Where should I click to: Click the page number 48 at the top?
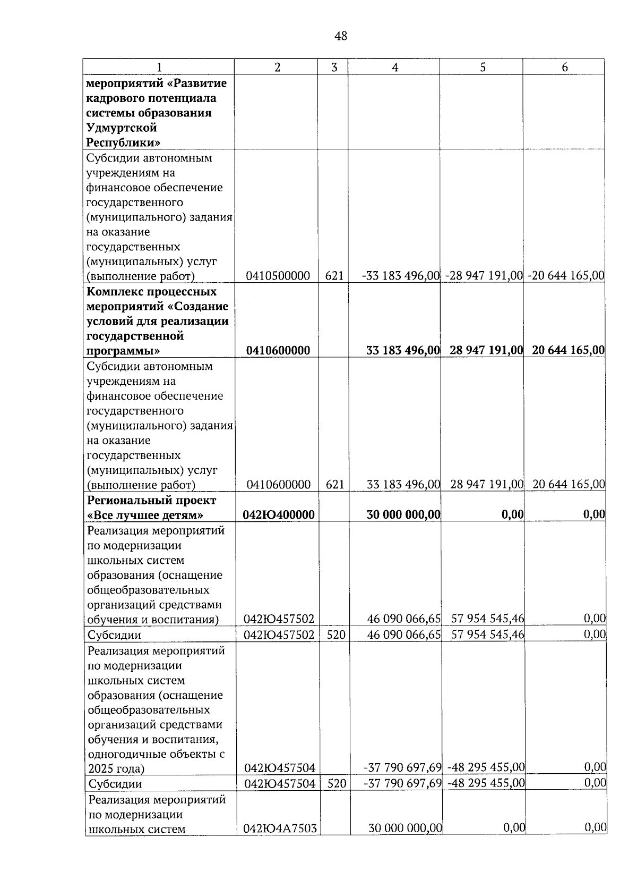pyautogui.click(x=341, y=36)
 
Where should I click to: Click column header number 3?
pyautogui.click(x=333, y=67)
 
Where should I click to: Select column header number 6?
pyautogui.click(x=564, y=67)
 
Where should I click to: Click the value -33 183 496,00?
pyautogui.click(x=401, y=276)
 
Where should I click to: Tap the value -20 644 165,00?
pyautogui.click(x=566, y=276)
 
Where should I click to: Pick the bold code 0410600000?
pyautogui.click(x=278, y=350)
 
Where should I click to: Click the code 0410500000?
pyautogui.click(x=278, y=276)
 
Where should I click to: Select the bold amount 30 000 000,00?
pyautogui.click(x=403, y=514)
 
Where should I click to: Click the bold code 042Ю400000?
pyautogui.click(x=279, y=514)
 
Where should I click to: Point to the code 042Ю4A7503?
pyautogui.click(x=280, y=828)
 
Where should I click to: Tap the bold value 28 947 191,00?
pyautogui.click(x=486, y=350)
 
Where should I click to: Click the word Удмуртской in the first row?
pyautogui.click(x=122, y=128)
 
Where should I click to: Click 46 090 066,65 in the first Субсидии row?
pyautogui.click(x=404, y=635)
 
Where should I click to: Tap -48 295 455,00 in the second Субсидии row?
pyautogui.click(x=486, y=783)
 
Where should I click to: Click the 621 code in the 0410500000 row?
pyautogui.click(x=334, y=276)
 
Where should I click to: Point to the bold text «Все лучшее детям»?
pyautogui.click(x=145, y=515)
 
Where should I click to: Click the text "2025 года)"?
pyautogui.click(x=116, y=768)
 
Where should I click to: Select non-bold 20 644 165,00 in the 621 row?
pyautogui.click(x=569, y=484)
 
